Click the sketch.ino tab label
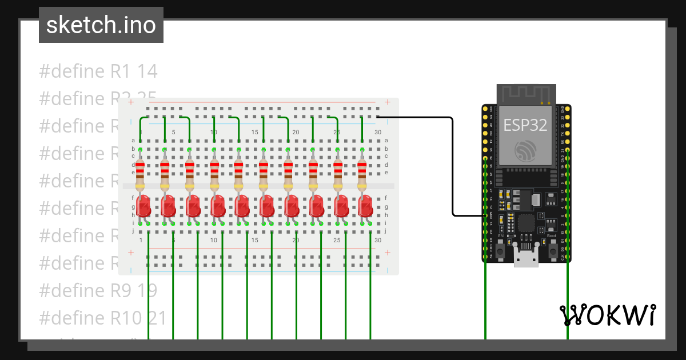(x=101, y=25)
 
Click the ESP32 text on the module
(x=525, y=125)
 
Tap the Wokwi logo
(x=607, y=315)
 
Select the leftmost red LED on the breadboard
(x=143, y=206)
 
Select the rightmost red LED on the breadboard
(x=365, y=206)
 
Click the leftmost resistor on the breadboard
(x=140, y=174)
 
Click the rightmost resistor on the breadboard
(x=362, y=174)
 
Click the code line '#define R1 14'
(x=98, y=71)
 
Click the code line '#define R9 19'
(x=98, y=290)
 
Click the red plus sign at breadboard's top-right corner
(x=388, y=103)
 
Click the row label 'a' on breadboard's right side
(x=386, y=141)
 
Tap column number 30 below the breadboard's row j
(x=378, y=241)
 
